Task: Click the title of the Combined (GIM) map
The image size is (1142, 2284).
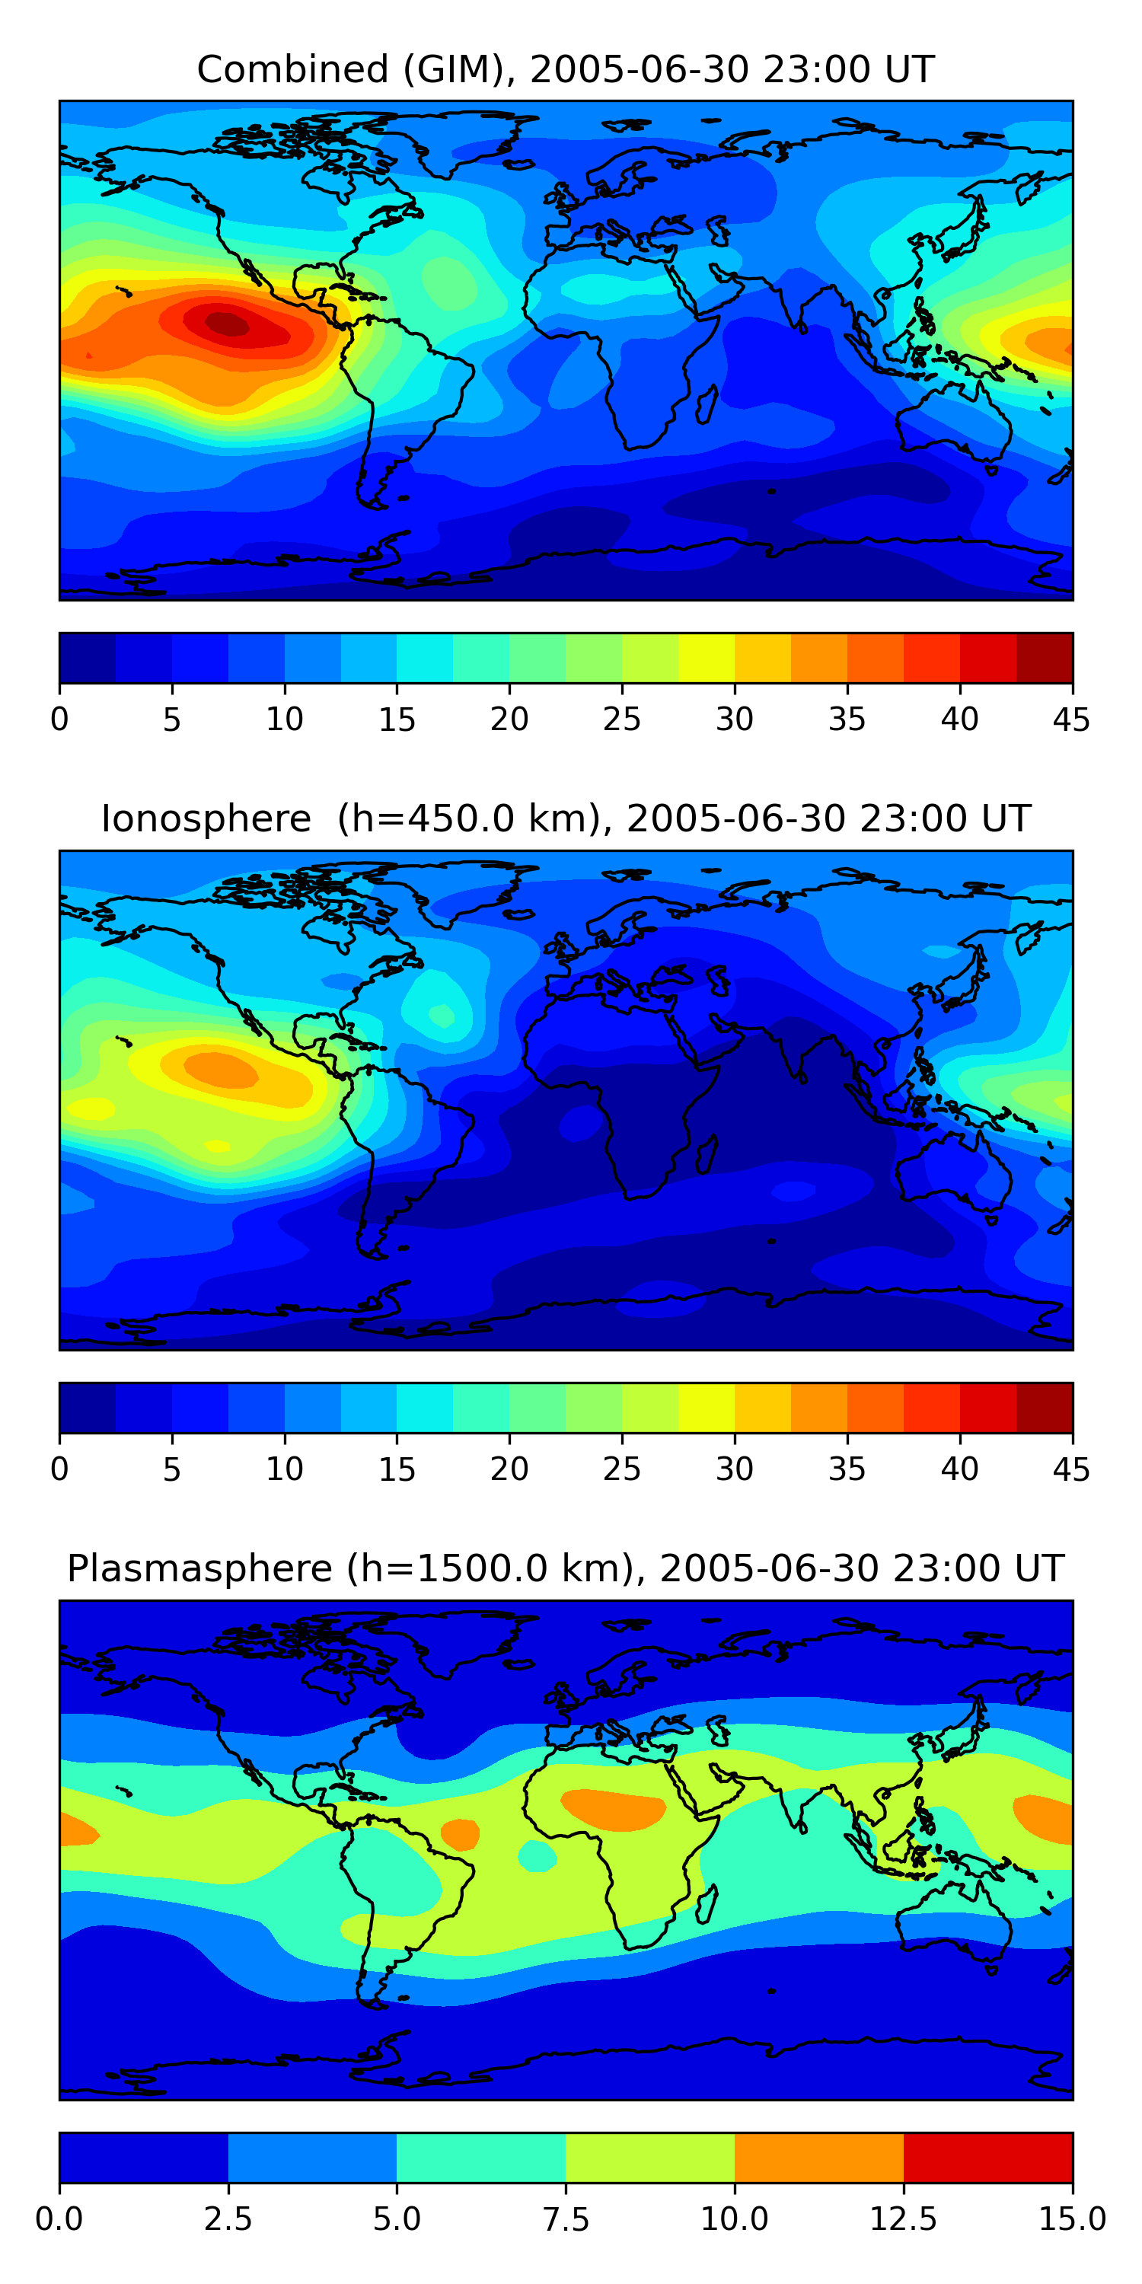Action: pos(566,69)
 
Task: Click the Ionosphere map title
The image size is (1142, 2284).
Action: pos(566,818)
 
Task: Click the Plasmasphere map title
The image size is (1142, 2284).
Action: pos(566,1568)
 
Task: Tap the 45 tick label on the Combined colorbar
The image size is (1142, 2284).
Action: pos(1071,719)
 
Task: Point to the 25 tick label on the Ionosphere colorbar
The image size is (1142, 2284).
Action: pos(620,1469)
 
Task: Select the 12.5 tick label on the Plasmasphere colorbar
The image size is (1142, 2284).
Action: pos(903,2219)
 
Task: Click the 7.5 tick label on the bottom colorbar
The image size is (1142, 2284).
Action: pos(566,2219)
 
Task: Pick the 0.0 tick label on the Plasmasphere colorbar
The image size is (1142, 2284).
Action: pos(59,2219)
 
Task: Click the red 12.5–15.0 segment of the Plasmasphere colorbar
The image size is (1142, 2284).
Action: pos(987,2157)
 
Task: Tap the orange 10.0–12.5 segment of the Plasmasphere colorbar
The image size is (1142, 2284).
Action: pos(818,2157)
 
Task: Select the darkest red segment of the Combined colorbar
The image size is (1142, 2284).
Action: pos(1044,658)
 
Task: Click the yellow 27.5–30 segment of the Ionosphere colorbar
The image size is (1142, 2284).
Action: pos(706,1407)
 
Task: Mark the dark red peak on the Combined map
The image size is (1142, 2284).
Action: pos(227,324)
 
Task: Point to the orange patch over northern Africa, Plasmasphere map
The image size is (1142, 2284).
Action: pos(613,1806)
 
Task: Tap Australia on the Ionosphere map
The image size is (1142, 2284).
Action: pos(953,1170)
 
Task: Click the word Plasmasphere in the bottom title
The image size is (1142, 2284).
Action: pos(199,1568)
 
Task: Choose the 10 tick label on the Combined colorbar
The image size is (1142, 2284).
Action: pos(284,719)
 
